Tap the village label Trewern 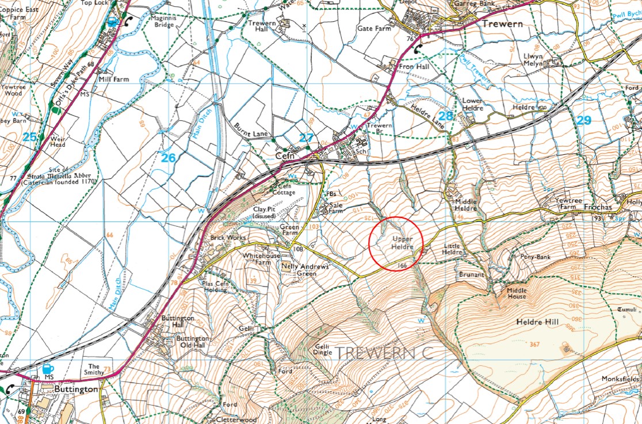point(502,24)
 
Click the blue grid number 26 point(167,157)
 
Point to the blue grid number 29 point(583,120)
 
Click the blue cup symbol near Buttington point(47,369)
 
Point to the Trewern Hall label point(262,25)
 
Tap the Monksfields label point(620,379)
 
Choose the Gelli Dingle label point(322,350)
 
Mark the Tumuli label point(628,310)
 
